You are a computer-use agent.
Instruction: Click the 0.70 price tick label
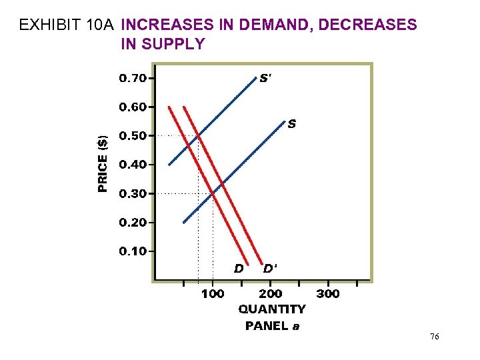click(133, 78)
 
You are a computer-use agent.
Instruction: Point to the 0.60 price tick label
click(133, 107)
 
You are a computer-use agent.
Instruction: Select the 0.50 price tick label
click(133, 136)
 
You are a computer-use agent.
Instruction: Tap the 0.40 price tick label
click(133, 165)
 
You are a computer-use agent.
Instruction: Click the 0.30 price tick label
click(133, 194)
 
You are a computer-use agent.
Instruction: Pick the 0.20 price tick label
click(133, 223)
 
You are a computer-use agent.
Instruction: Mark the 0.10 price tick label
click(133, 251)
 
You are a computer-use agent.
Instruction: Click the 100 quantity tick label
click(213, 294)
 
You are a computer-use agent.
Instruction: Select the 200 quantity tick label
click(270, 294)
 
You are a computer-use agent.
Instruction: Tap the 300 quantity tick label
click(327, 294)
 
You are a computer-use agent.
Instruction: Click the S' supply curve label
click(265, 78)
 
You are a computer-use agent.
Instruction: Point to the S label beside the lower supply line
click(292, 124)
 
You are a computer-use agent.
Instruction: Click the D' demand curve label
click(270, 269)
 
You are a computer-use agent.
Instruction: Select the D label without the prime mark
click(238, 269)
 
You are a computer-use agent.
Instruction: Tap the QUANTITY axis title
click(272, 309)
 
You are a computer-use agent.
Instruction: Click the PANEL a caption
click(272, 325)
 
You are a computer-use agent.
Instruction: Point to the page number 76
click(434, 338)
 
